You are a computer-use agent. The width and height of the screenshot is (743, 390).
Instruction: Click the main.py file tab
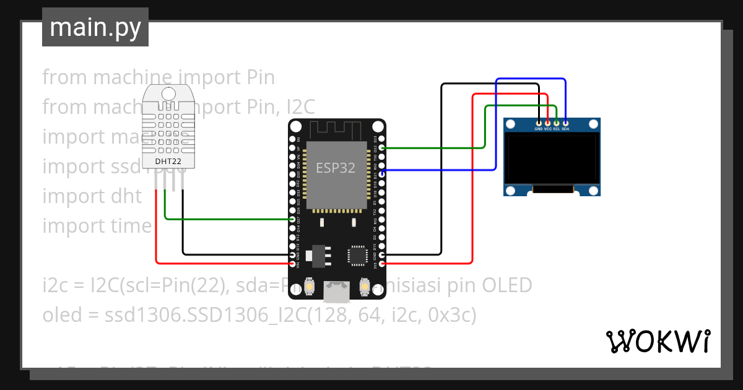coord(95,27)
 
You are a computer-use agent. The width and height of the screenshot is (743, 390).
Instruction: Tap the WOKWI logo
coord(658,341)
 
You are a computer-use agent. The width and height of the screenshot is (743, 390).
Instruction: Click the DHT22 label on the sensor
coord(168,162)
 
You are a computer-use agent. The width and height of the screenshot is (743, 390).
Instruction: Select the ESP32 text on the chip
coord(336,168)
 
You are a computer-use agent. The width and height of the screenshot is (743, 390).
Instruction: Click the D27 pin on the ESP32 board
coord(293,219)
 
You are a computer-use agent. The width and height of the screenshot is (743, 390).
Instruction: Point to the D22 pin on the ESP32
coord(382,149)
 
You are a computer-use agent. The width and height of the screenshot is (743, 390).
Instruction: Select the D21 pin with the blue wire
coord(382,175)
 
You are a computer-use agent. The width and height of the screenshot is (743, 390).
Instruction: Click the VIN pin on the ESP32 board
coord(293,264)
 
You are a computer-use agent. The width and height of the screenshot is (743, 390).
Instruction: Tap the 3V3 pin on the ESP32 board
coord(382,264)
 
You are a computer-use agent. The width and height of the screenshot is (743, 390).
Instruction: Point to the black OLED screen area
coord(551,158)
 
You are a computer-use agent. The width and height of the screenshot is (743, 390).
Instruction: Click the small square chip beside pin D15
coord(358,255)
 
